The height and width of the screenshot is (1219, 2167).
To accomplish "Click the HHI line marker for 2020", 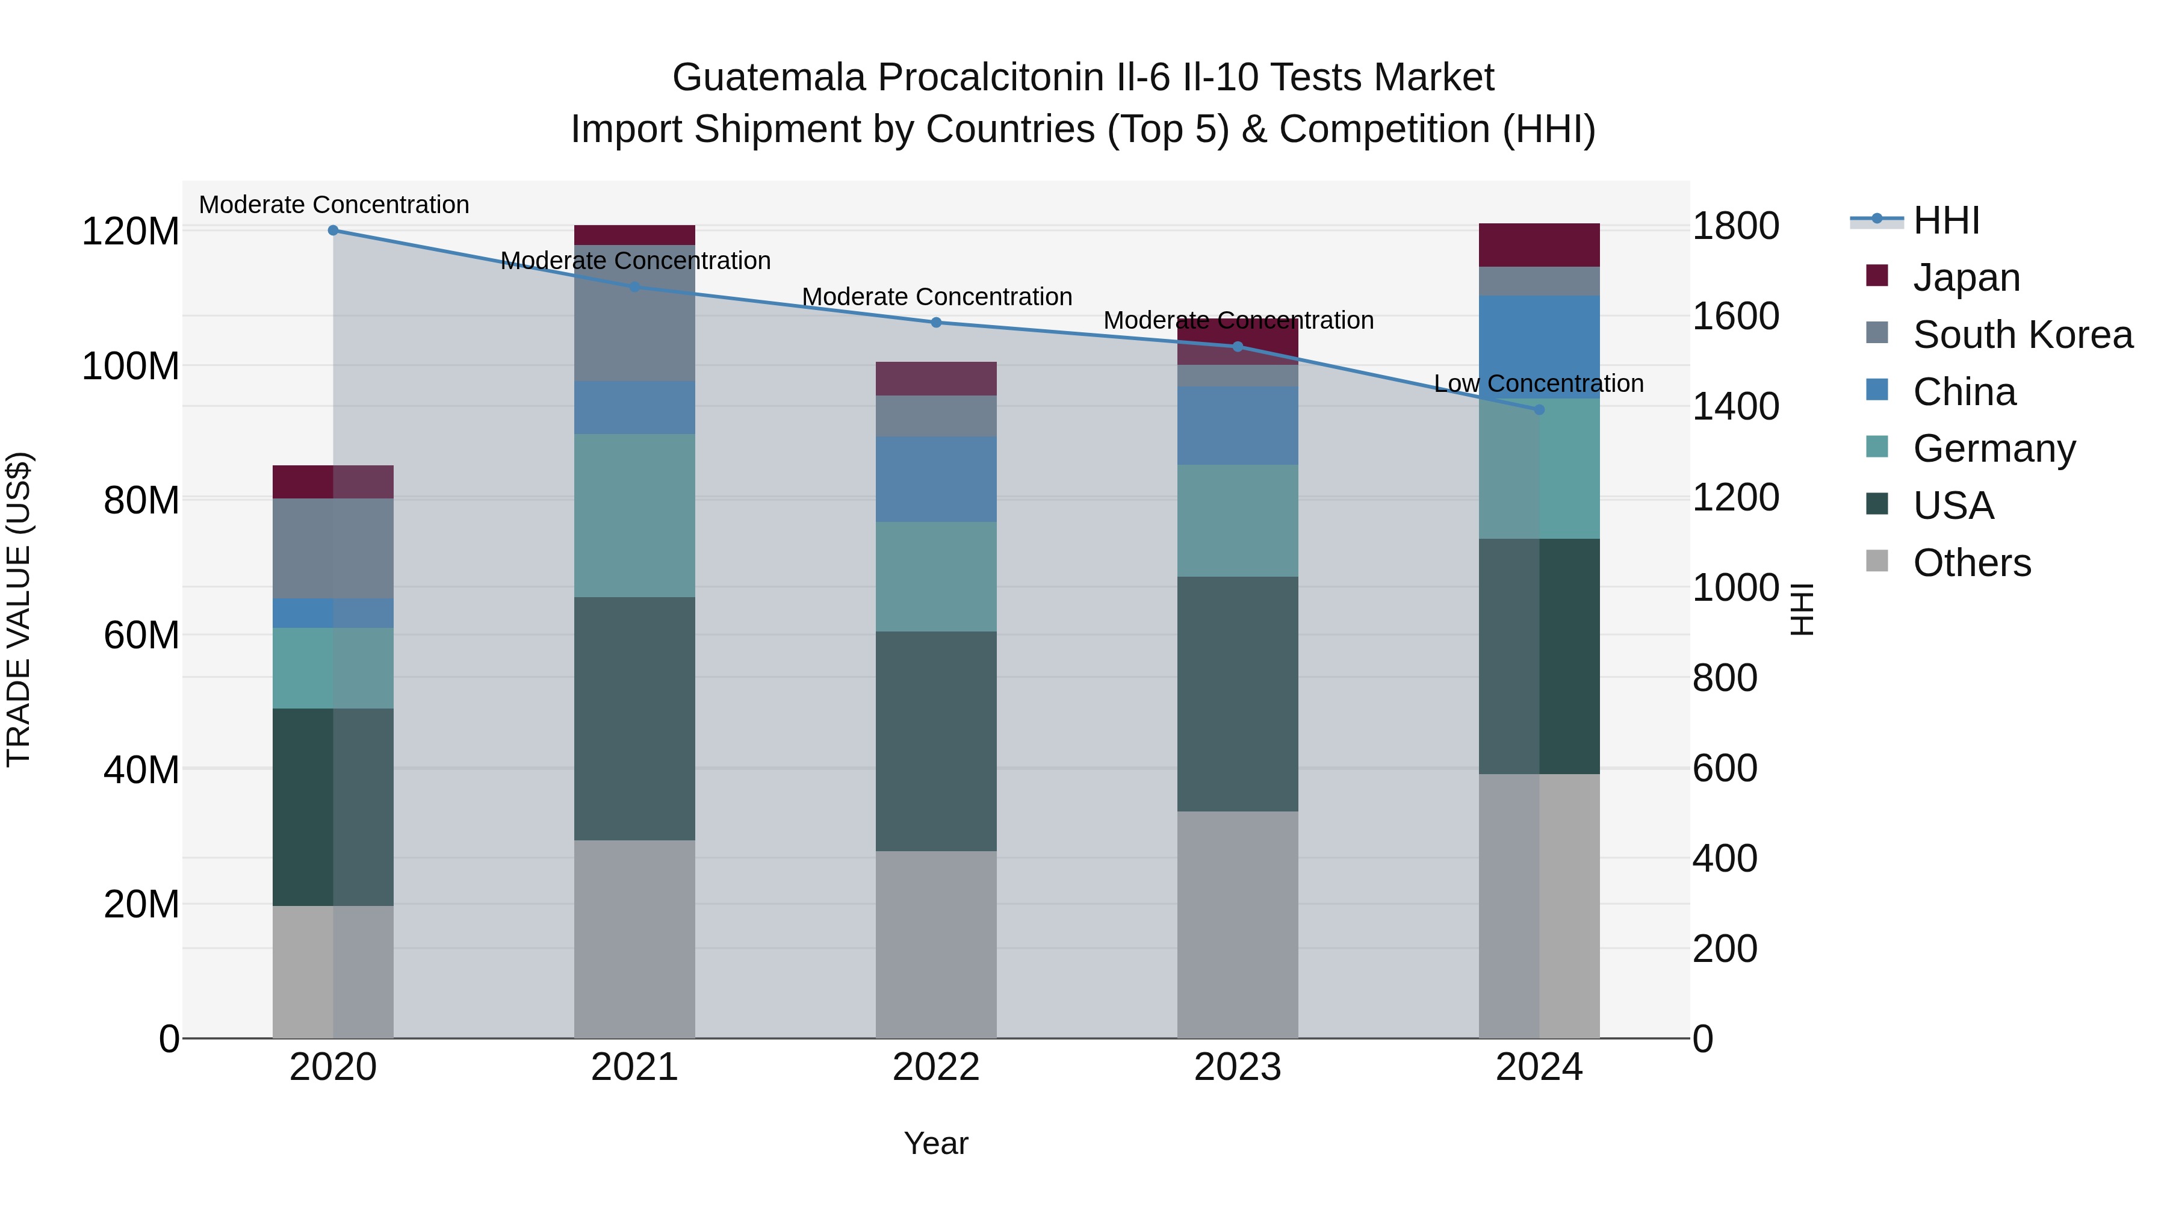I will point(333,231).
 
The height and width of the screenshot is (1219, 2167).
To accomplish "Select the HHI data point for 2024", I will point(1539,410).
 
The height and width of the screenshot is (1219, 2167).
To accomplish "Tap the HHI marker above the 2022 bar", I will point(936,322).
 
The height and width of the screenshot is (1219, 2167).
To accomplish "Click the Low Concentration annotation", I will point(1538,383).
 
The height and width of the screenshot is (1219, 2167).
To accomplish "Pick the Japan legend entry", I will point(1965,278).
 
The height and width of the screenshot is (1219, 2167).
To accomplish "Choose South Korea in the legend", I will point(2023,335).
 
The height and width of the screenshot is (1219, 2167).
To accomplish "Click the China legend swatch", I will point(1877,390).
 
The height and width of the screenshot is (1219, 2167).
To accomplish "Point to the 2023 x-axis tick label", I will point(1238,1067).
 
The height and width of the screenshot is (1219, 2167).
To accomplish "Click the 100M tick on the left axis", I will point(131,366).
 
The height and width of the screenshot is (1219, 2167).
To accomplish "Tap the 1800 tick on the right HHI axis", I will point(1735,226).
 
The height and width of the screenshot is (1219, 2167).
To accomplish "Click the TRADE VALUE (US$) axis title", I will point(19,609).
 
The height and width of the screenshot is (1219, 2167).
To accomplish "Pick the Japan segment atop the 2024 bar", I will point(1539,245).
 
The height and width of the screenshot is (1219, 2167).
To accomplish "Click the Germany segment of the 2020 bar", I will point(333,668).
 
